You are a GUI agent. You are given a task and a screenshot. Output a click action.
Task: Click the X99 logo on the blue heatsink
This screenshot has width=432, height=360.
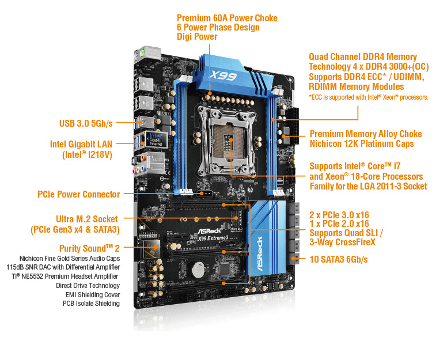point(223,75)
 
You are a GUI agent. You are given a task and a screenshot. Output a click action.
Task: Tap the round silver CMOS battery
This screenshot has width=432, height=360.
point(198,270)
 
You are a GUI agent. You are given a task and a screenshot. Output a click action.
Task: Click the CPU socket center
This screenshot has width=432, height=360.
point(228,141)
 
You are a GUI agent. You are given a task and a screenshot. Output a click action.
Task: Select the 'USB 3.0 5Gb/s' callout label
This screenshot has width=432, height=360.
point(86,123)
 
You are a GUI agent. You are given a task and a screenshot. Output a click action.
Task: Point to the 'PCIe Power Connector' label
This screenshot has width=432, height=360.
point(78,194)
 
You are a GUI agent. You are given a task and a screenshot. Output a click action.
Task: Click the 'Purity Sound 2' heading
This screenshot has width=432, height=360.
point(89,248)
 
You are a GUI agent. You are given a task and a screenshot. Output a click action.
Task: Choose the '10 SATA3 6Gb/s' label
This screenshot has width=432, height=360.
point(339,259)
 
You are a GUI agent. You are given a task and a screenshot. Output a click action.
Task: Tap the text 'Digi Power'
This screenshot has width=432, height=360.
point(197,36)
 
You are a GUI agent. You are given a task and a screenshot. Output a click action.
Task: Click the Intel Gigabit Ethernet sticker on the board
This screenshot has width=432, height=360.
point(156,139)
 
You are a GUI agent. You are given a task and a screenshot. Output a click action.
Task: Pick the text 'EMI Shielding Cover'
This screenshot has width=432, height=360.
point(93,295)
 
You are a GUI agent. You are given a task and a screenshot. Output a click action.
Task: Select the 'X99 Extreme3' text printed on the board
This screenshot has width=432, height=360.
point(213,238)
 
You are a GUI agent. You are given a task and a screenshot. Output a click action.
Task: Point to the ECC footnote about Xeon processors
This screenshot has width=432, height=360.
point(369,97)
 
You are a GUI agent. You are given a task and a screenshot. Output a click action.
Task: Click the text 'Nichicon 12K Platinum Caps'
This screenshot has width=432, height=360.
point(362,143)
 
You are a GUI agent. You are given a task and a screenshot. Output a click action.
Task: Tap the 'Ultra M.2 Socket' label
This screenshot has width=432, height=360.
point(87,219)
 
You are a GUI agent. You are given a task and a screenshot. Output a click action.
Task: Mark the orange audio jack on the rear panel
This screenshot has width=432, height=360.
point(143,158)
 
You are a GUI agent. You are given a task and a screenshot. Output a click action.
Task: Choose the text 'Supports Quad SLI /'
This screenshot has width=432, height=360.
point(346,233)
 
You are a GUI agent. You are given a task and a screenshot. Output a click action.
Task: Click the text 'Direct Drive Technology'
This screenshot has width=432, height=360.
point(88,285)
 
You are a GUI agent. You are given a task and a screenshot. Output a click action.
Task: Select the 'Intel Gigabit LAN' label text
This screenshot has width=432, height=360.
point(81,144)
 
